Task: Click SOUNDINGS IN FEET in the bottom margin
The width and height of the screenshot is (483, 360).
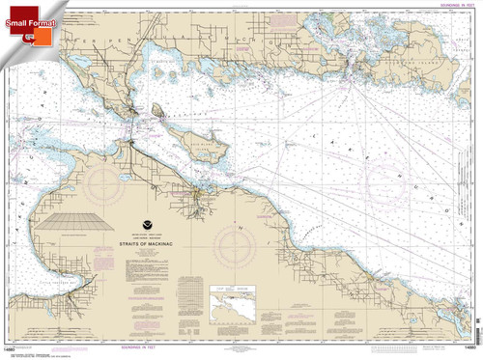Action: coord(241,352)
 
